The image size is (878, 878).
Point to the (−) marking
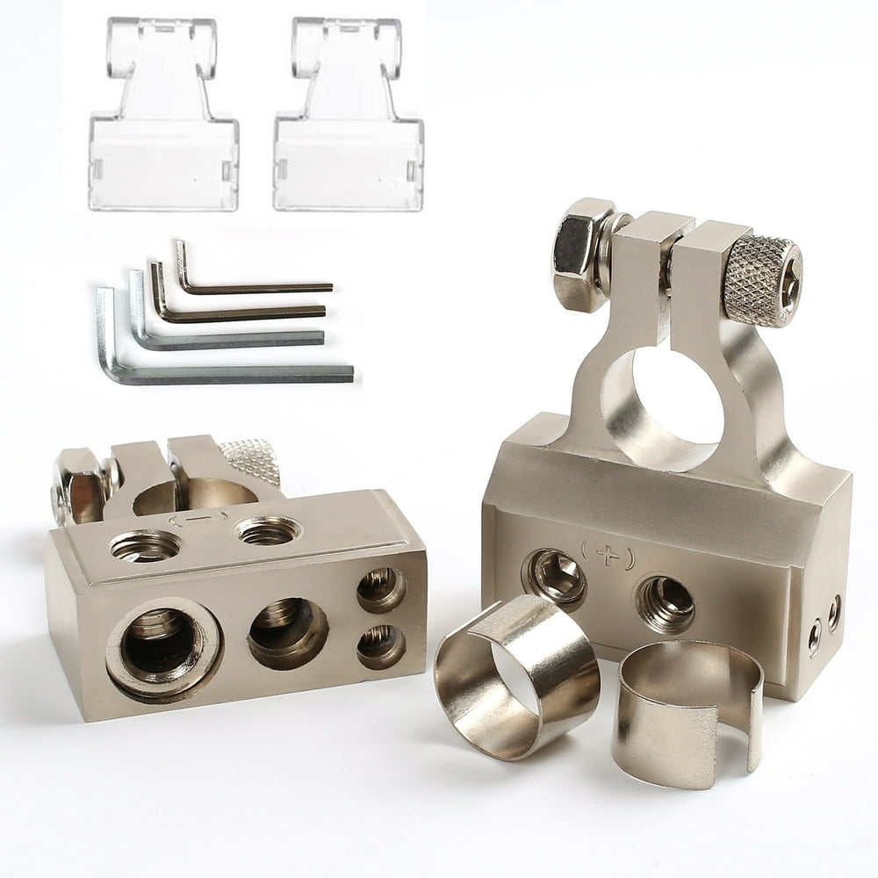click(198, 520)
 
